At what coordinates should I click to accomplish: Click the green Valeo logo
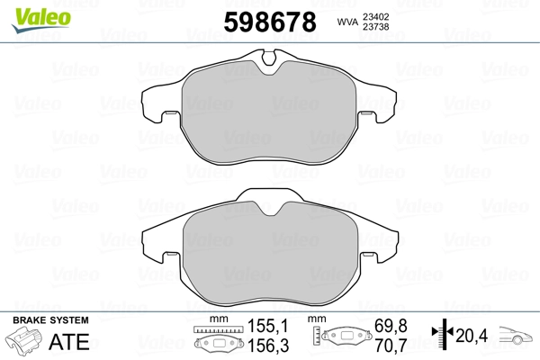click(41, 19)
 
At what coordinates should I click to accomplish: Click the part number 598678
click(270, 22)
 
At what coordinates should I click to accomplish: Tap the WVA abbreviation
click(347, 22)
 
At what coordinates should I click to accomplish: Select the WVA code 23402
click(375, 17)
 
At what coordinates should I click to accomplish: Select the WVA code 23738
click(375, 27)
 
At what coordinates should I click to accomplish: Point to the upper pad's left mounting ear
click(160, 104)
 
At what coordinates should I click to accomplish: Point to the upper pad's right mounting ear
click(377, 104)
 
